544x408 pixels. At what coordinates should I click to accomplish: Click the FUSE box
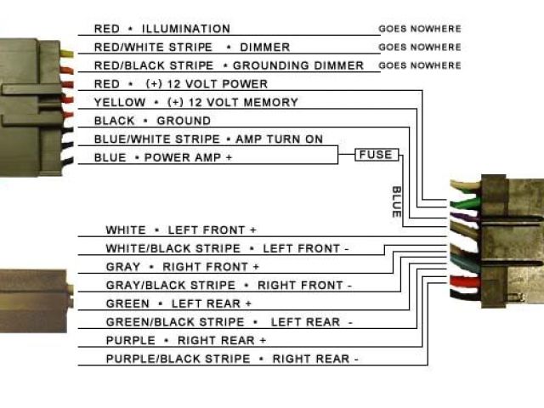[x=376, y=155]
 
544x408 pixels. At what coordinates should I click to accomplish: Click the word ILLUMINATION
[x=185, y=29]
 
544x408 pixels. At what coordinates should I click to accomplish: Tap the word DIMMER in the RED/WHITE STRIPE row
[x=265, y=48]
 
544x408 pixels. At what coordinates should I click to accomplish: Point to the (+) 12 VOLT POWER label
[x=207, y=84]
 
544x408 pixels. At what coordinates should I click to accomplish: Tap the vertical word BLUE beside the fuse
[x=396, y=202]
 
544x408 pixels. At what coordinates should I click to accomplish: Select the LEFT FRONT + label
[x=212, y=230]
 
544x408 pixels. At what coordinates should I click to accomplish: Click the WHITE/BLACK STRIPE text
[x=173, y=249]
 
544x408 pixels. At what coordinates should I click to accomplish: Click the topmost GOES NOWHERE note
[x=420, y=29]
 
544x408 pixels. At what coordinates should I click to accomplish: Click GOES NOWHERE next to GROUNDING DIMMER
[x=420, y=65]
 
